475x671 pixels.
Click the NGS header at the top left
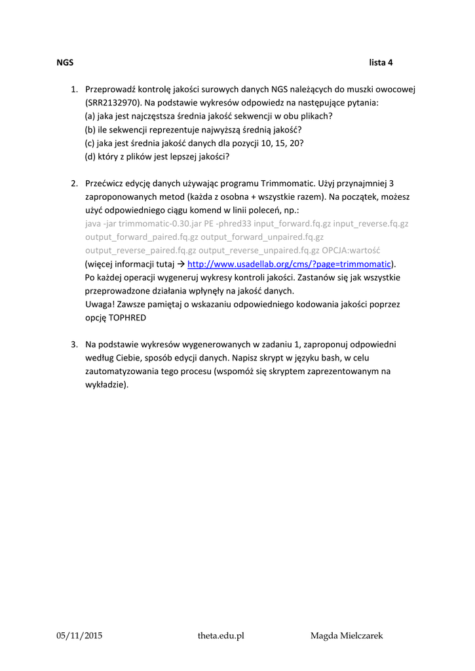pos(65,63)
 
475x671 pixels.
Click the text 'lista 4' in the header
pos(381,63)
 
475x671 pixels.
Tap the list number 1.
pos(74,89)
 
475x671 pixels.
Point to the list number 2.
pos(74,183)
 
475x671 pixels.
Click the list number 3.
pos(74,344)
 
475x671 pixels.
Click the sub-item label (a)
pos(90,116)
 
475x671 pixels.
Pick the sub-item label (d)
pos(90,157)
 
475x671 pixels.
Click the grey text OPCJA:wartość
pos(351,250)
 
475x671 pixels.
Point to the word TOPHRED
pos(126,318)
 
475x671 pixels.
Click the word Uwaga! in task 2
pos(100,305)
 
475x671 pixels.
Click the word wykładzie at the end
pos(105,385)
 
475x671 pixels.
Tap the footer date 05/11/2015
pos(80,636)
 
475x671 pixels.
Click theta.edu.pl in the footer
pos(221,636)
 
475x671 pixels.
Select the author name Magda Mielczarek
pos(347,636)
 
